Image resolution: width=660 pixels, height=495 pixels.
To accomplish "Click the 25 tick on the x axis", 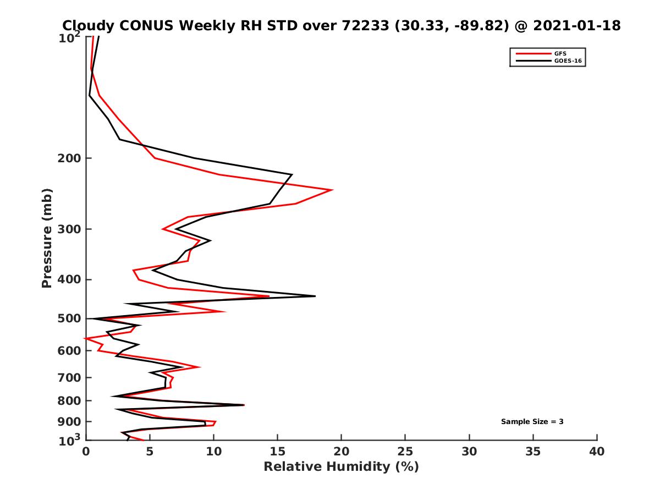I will tap(405, 452).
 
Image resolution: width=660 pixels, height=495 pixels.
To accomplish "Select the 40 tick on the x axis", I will tap(597, 452).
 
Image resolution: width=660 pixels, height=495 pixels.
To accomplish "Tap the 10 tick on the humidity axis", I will tap(213, 452).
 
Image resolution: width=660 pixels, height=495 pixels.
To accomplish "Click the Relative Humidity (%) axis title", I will tap(341, 467).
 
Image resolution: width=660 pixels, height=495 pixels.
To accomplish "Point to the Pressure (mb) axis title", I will tap(47, 238).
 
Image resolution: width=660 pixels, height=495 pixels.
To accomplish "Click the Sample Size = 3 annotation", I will tap(532, 422).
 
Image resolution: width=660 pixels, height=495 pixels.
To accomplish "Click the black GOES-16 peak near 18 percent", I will tap(315, 296).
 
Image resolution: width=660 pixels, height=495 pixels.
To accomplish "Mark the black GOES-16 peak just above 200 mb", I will tap(291, 175).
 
